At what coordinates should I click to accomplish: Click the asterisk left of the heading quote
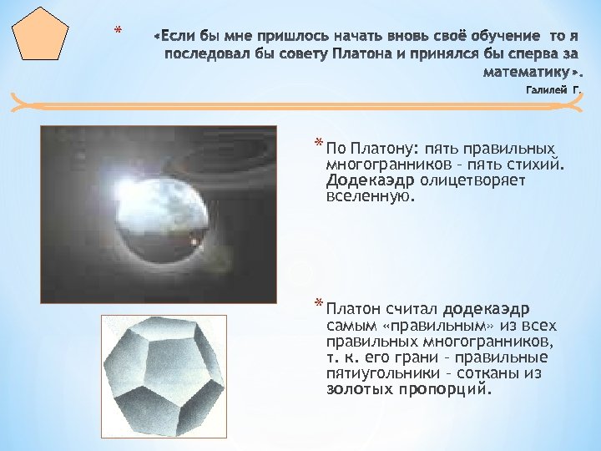point(118,32)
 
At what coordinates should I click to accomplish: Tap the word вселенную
point(370,196)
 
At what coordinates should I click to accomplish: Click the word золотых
point(359,389)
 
